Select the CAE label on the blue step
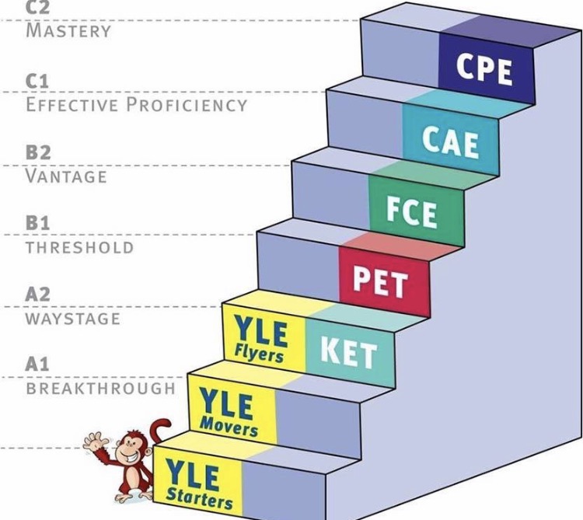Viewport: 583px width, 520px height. click(450, 141)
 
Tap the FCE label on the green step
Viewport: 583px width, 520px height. click(411, 211)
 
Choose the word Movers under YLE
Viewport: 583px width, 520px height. click(229, 426)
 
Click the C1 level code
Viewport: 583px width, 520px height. click(37, 81)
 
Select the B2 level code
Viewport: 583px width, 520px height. click(38, 153)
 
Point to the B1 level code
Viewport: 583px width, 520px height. click(37, 223)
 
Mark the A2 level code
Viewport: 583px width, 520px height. click(37, 295)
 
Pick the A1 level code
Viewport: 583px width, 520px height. click(37, 365)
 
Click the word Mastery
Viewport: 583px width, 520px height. click(68, 30)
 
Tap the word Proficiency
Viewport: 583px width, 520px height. click(187, 104)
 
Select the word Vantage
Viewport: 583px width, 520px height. click(66, 176)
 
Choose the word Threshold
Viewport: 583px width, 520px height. click(79, 247)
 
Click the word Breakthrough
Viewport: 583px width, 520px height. click(101, 389)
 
